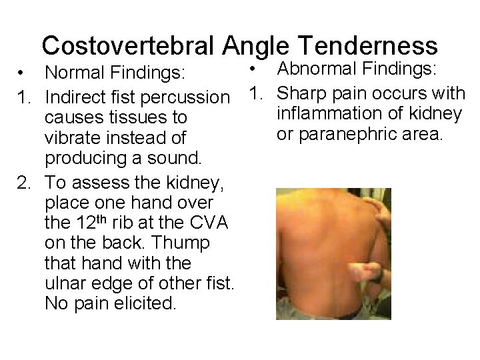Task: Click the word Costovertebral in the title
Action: pyautogui.click(x=130, y=45)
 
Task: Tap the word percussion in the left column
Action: pyautogui.click(x=187, y=97)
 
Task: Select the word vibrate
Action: pyautogui.click(x=75, y=139)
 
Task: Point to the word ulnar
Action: pyautogui.click(x=70, y=284)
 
